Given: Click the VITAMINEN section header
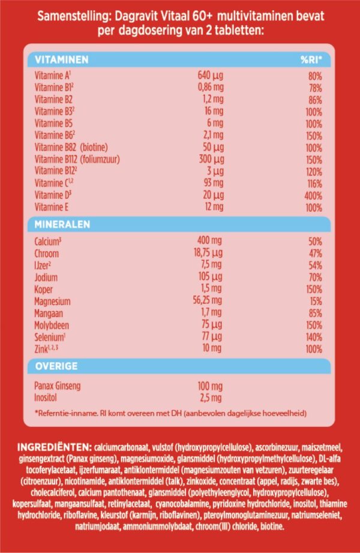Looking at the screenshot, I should tap(62, 59).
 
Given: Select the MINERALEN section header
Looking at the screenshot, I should tap(62, 224).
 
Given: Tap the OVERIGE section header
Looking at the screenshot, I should tap(56, 365).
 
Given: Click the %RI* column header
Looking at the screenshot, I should tap(311, 59).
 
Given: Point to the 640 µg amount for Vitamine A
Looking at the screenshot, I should tap(210, 76).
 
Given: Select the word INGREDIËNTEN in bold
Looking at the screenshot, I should tap(53, 447).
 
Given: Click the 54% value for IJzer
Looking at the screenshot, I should tap(314, 265).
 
